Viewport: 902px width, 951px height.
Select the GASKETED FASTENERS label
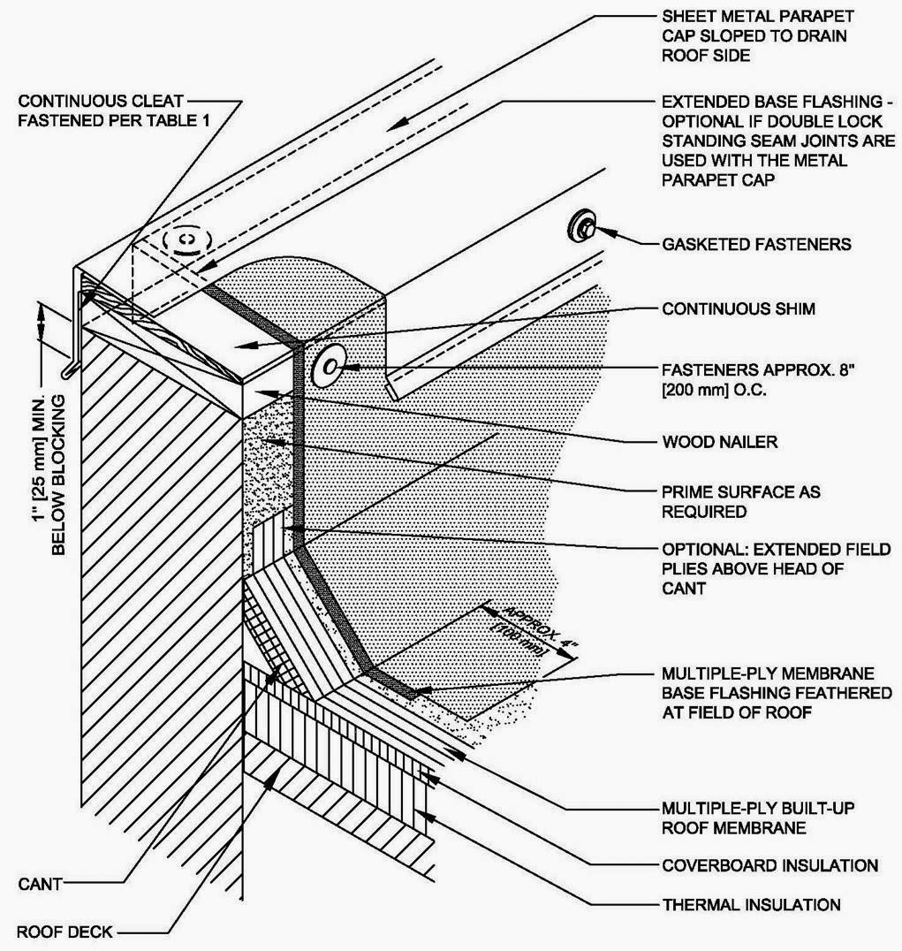(756, 243)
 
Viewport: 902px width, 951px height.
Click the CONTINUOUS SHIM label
(739, 309)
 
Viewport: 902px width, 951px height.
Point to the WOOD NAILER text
(719, 441)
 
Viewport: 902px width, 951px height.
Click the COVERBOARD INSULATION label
(769, 864)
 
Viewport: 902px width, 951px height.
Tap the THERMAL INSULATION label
(751, 904)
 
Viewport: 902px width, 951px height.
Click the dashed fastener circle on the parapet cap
(188, 239)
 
